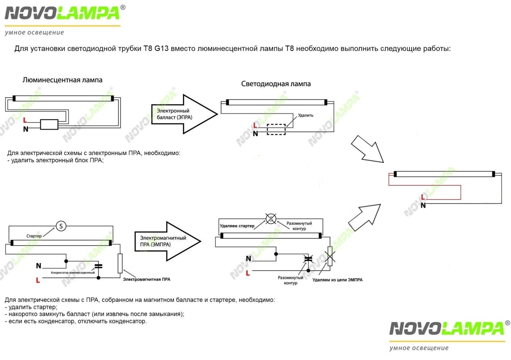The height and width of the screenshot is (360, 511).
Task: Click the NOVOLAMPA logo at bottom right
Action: coord(447,329)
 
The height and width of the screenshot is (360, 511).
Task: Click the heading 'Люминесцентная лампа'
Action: coord(62,80)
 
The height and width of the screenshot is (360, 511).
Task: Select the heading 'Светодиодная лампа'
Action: coord(276,84)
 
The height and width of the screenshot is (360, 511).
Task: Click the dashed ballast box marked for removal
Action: coord(276,129)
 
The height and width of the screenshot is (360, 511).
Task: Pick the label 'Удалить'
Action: coord(305,115)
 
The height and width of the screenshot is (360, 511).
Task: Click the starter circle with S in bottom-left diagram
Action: coord(61,226)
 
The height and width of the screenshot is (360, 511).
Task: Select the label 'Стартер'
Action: coord(34,236)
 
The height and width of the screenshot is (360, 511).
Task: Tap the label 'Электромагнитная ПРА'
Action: coord(147,279)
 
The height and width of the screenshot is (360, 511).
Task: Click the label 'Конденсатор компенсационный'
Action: coord(73,273)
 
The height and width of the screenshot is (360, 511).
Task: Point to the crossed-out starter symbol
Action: coord(271,218)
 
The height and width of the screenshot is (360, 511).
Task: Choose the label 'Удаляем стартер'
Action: coord(237,226)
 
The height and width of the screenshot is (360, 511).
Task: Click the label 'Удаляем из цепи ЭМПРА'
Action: coord(337,280)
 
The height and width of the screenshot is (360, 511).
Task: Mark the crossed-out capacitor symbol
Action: coord(308,259)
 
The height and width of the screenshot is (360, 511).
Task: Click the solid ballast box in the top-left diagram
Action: coord(49,124)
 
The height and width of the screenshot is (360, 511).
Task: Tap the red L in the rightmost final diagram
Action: coord(423,198)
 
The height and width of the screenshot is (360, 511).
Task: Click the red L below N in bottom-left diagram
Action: coord(38,280)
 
